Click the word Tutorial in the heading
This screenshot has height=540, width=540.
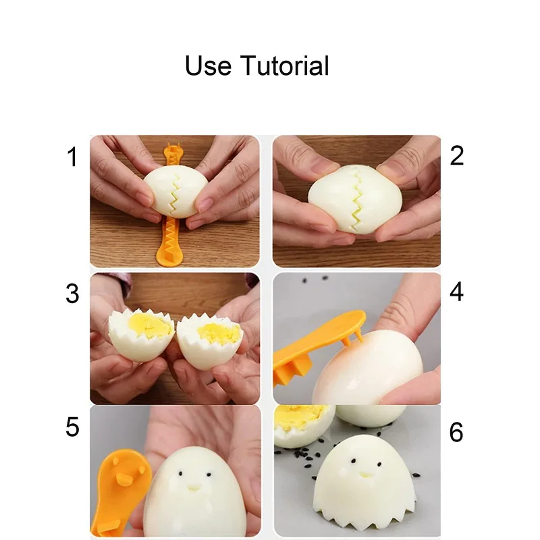click(x=284, y=66)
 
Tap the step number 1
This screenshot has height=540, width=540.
click(x=72, y=158)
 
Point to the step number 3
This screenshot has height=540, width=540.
click(x=72, y=294)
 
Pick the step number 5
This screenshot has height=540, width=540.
click(x=72, y=428)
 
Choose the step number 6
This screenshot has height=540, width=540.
click(x=457, y=433)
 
